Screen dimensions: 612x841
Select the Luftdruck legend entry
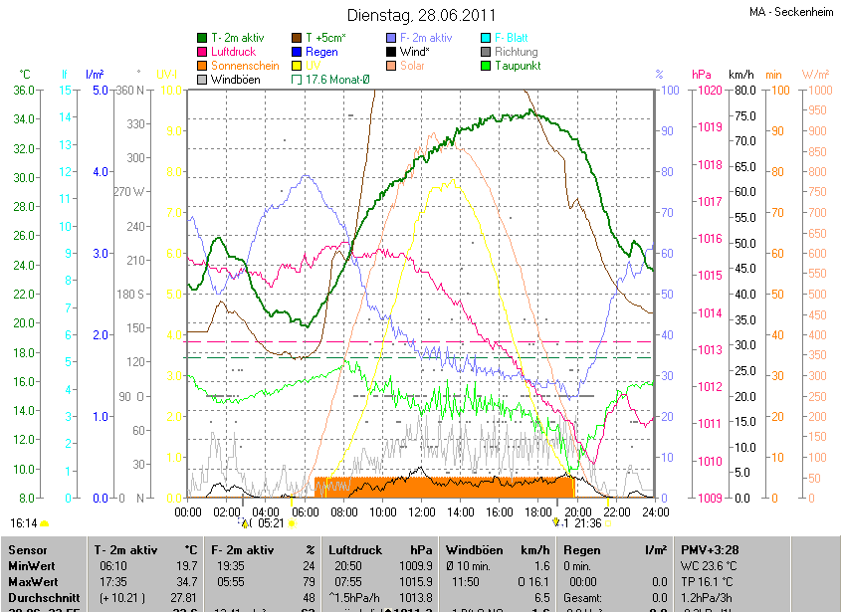coord(233,52)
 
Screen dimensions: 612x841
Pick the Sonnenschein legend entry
coord(244,66)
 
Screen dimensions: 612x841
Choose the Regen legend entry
coord(320,52)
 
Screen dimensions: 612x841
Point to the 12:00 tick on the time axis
coord(421,511)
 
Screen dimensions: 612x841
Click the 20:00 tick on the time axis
coord(576,511)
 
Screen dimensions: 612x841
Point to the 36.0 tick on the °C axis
coord(24,91)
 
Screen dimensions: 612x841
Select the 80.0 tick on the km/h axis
coord(741,91)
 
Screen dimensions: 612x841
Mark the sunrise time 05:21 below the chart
coord(272,523)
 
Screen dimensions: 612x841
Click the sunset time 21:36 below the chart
coord(587,523)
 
